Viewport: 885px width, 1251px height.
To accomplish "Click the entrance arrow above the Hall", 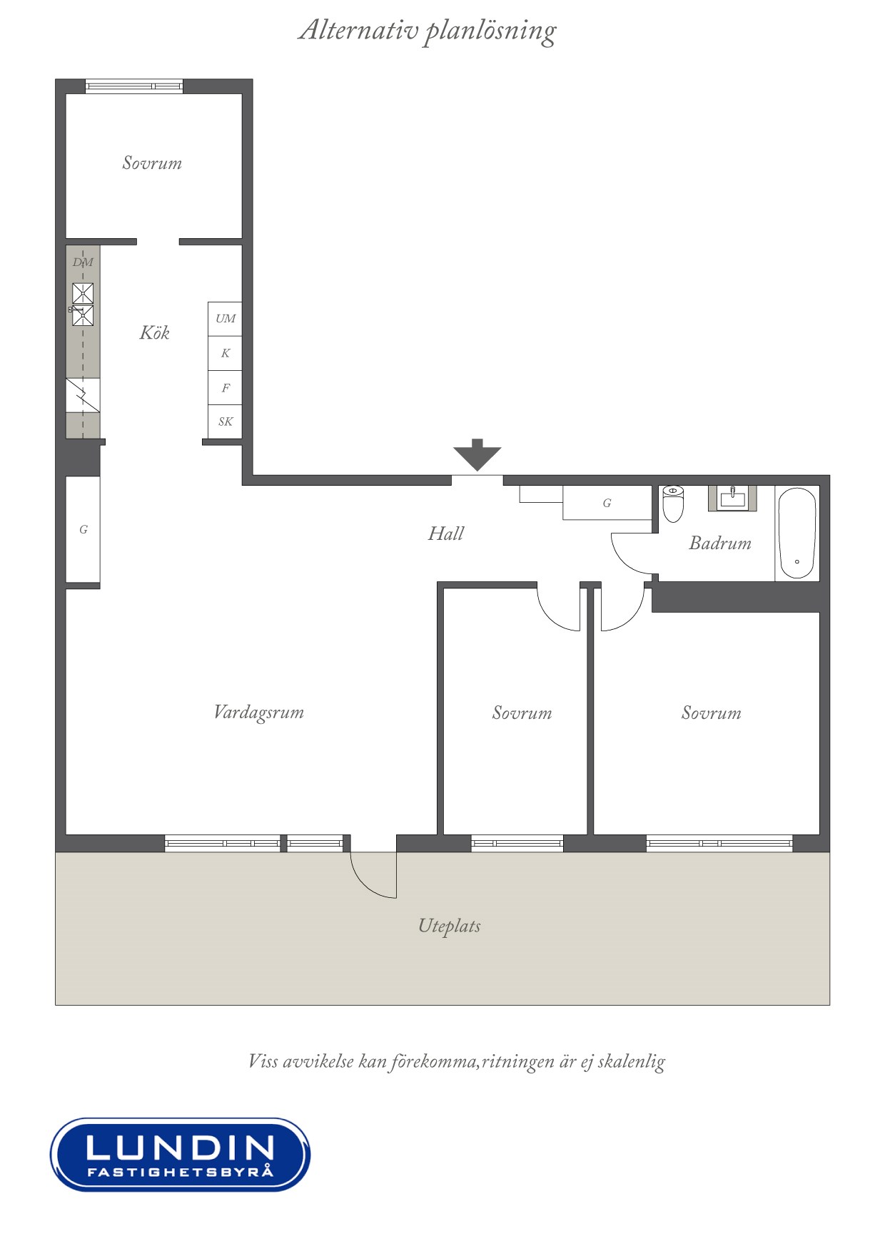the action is pyautogui.click(x=477, y=454).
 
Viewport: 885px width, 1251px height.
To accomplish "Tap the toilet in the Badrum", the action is pyautogui.click(x=673, y=504).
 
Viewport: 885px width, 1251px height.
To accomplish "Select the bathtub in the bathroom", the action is pyautogui.click(x=797, y=533).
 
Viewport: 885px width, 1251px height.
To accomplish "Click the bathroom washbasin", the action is pyautogui.click(x=732, y=498).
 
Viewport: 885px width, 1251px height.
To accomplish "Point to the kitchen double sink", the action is pyautogui.click(x=83, y=305).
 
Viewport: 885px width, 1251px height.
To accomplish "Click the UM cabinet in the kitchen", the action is pyautogui.click(x=225, y=319).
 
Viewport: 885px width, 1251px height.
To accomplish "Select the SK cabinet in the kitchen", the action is pyautogui.click(x=225, y=422).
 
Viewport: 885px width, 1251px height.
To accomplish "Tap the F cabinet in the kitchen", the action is pyautogui.click(x=225, y=388).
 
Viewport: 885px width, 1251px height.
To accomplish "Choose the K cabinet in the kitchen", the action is pyautogui.click(x=225, y=353).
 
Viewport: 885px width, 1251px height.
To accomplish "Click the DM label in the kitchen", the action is pyautogui.click(x=83, y=262).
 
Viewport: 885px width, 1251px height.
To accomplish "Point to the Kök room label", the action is pyautogui.click(x=154, y=332).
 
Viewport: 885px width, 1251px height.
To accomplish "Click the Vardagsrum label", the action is pyautogui.click(x=258, y=713).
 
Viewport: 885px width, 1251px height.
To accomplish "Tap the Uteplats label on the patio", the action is pyautogui.click(x=449, y=926).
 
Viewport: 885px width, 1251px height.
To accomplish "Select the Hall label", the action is pyautogui.click(x=446, y=533).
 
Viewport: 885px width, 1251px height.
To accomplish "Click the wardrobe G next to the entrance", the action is pyautogui.click(x=607, y=503).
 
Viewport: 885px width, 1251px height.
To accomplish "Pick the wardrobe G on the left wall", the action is pyautogui.click(x=83, y=529).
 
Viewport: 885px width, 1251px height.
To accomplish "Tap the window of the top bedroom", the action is pyautogui.click(x=134, y=86).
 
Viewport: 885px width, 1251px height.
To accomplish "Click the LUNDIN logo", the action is pyautogui.click(x=180, y=1154).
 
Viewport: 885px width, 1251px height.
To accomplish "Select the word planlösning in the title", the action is pyautogui.click(x=490, y=32).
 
